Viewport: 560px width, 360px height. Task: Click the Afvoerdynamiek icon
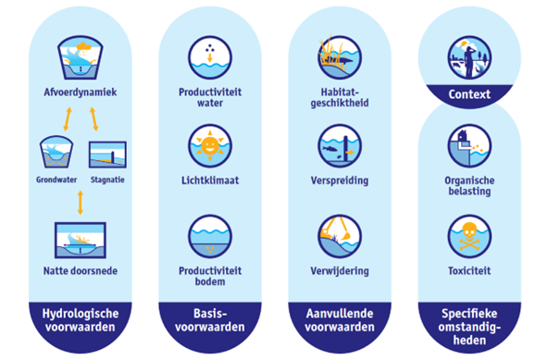[x=81, y=57]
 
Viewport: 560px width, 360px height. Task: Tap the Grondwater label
[x=56, y=180]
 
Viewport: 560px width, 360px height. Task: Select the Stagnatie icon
[x=107, y=155]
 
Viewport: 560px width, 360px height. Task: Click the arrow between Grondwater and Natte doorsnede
[x=81, y=203]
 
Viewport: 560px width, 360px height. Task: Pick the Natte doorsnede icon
[x=81, y=240]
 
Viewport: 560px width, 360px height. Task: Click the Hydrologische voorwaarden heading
[x=81, y=320]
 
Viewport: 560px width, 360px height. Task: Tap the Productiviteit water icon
[x=210, y=57]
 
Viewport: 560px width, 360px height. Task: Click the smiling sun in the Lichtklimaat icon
[x=210, y=145]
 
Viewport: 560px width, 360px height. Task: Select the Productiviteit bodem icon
[x=210, y=236]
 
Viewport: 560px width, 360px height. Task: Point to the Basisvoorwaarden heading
[x=210, y=320]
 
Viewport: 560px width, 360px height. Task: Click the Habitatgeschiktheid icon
[x=340, y=57]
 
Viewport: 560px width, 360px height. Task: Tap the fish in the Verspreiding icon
[x=329, y=148]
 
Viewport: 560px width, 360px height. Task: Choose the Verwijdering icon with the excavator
[x=340, y=236]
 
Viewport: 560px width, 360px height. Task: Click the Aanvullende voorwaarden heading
[x=340, y=320]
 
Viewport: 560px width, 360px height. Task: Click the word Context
[x=469, y=94]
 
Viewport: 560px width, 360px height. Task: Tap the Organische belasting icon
[x=469, y=145]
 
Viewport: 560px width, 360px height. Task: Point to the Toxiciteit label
[x=469, y=271]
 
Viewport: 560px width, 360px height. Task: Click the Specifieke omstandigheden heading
[x=469, y=327]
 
